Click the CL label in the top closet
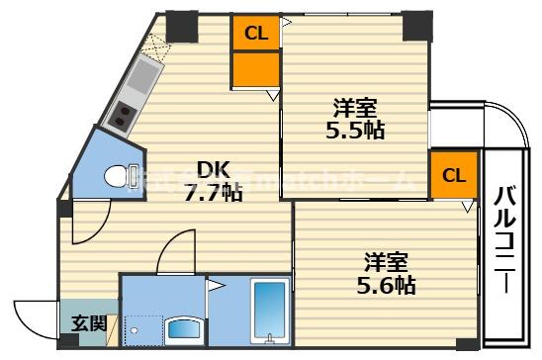tap(256, 33)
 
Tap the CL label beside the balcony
tap(453, 176)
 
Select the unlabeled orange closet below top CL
tap(256, 68)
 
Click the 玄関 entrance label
tap(82, 323)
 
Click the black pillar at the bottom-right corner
tap(464, 340)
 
